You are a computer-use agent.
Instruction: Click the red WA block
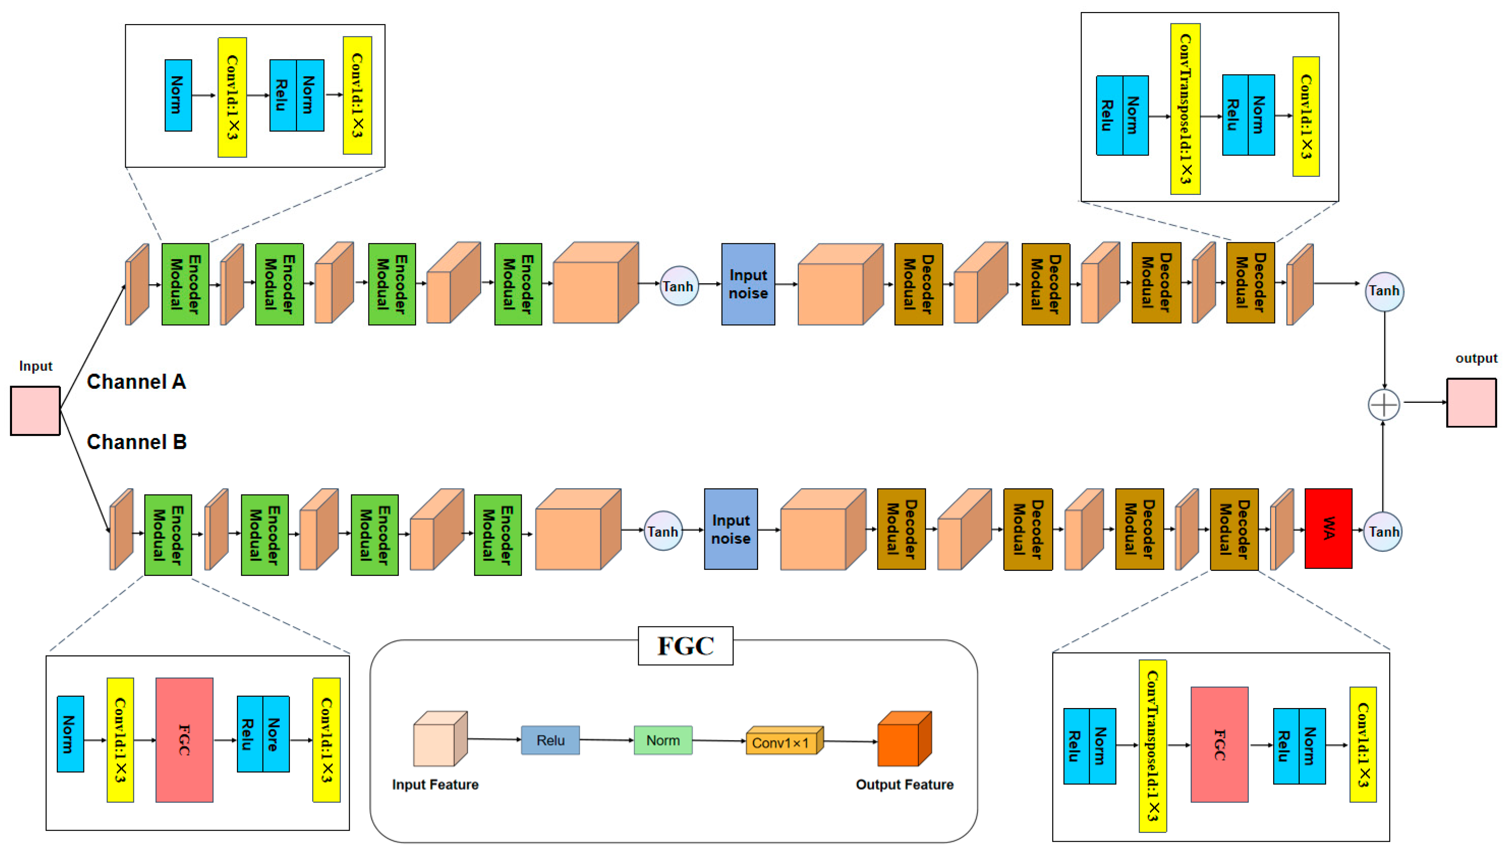tap(1328, 528)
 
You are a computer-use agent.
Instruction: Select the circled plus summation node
tap(1384, 404)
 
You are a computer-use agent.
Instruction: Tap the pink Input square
tap(35, 410)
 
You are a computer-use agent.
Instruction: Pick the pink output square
tap(1472, 402)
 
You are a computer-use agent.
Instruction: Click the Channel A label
tap(136, 382)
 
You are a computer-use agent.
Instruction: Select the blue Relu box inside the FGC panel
tap(550, 740)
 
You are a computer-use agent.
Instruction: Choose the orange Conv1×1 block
tap(784, 741)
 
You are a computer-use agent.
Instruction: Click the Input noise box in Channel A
tap(748, 284)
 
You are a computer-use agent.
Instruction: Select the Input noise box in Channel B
tap(730, 529)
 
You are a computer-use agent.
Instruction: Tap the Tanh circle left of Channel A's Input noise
tap(678, 286)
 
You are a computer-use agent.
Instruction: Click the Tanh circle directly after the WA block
tap(1382, 531)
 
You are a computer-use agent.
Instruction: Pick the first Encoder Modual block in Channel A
tap(185, 284)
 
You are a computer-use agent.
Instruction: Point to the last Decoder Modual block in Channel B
tap(1234, 529)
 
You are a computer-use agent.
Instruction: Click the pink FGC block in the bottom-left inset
tap(184, 740)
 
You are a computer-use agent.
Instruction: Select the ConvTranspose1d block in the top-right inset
tap(1185, 109)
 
